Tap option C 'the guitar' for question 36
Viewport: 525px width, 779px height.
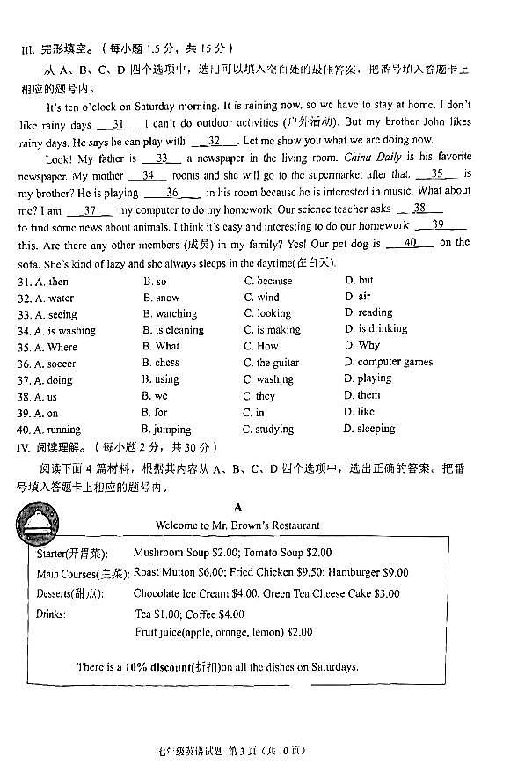click(x=271, y=363)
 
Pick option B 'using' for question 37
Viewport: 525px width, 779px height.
click(x=161, y=379)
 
